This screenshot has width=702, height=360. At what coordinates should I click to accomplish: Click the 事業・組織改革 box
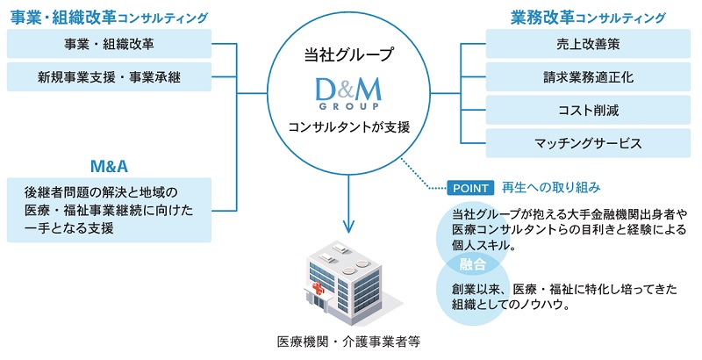point(109,43)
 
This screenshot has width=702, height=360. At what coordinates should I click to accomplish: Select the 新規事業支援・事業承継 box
point(109,76)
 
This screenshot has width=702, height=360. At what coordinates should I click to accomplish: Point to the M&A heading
point(109,166)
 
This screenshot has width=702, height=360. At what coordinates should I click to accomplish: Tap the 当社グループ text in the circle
point(350,55)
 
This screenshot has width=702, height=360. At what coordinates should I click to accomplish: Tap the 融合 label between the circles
point(466,263)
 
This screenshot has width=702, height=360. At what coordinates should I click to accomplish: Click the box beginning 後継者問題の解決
point(109,210)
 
